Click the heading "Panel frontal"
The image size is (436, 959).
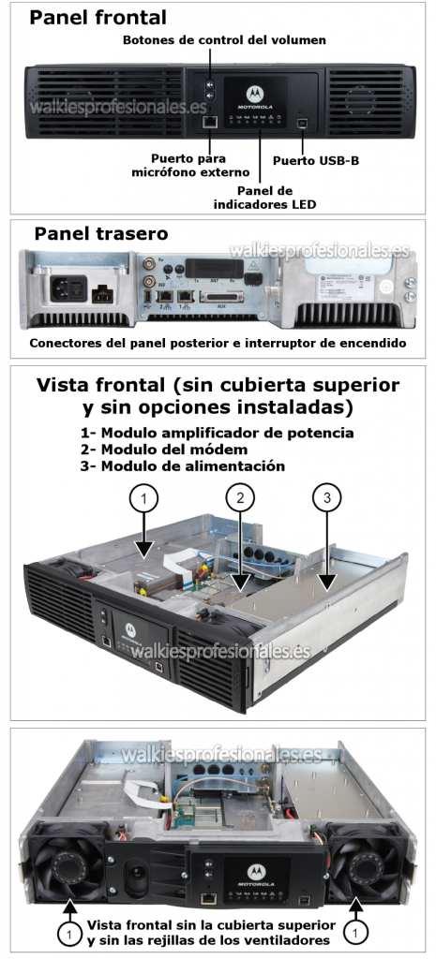(98, 17)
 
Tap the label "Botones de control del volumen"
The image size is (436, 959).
(225, 40)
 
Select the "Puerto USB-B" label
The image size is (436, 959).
(316, 160)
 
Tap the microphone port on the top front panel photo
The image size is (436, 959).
(211, 122)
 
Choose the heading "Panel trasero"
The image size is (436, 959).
(101, 233)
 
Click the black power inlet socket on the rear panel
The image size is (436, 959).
(60, 285)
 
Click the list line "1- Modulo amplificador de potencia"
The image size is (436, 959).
(218, 433)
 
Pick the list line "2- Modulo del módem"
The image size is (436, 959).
(173, 450)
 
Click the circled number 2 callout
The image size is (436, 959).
(240, 498)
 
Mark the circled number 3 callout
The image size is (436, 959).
(327, 498)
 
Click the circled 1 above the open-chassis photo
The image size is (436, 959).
(143, 498)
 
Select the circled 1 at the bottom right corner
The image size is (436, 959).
(355, 933)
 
